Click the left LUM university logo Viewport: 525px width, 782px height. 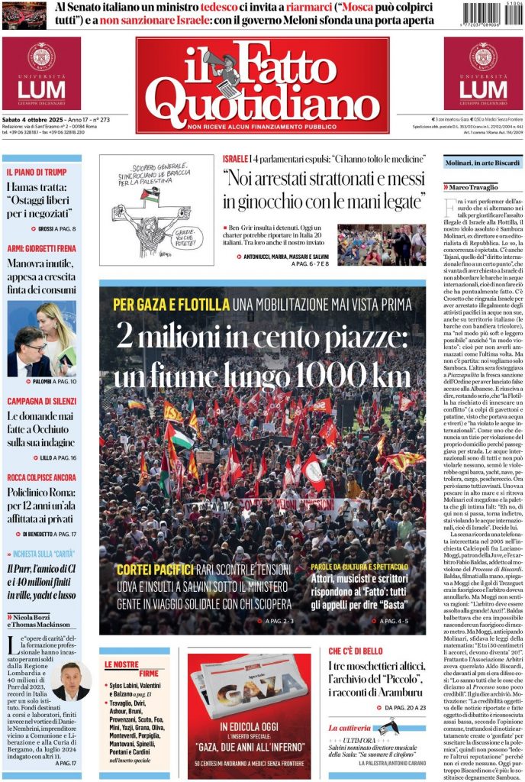[41, 74]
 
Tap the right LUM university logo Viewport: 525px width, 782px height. [483, 74]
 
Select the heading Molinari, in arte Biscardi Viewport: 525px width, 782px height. [483, 162]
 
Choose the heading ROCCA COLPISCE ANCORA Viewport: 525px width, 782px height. [42, 477]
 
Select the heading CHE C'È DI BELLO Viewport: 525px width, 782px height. [362, 651]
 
